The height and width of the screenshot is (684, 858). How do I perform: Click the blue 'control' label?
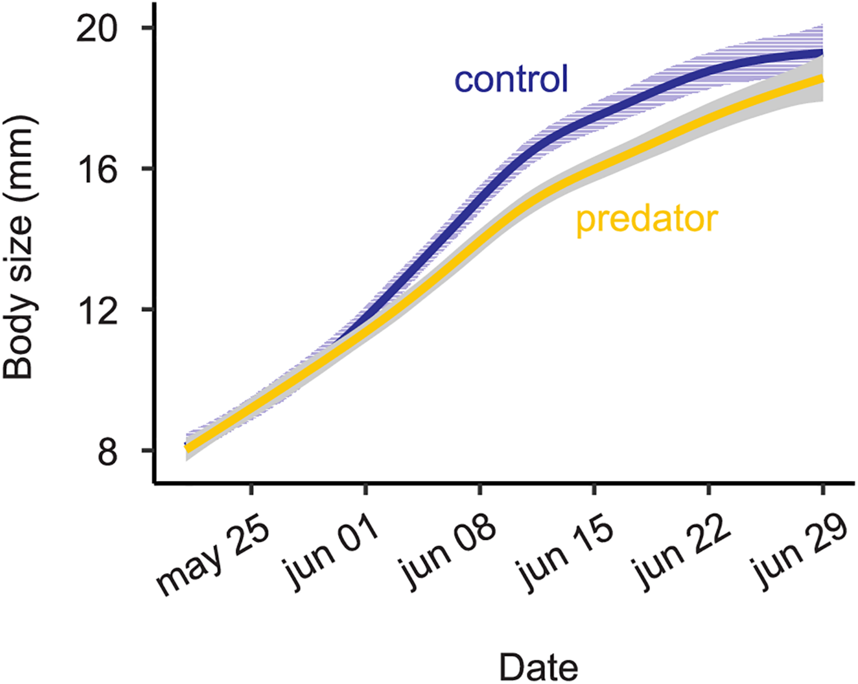pyautogui.click(x=511, y=79)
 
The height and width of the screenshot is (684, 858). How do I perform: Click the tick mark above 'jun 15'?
pyautogui.click(x=594, y=490)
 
